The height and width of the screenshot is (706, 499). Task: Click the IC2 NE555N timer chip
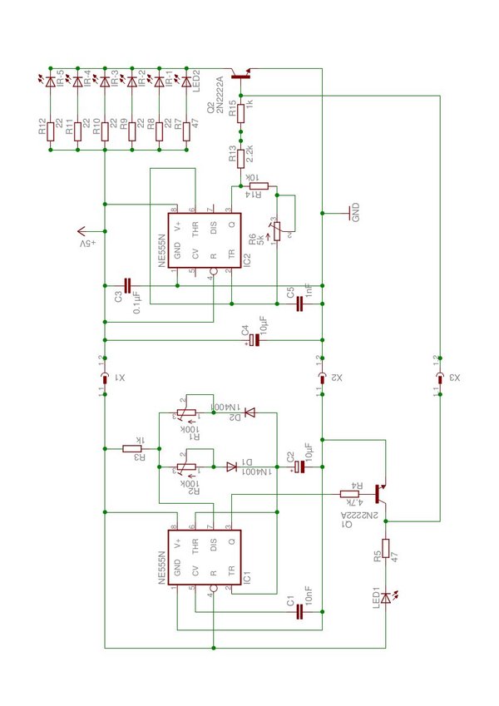pos(205,241)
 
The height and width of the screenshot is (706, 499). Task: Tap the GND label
pos(356,213)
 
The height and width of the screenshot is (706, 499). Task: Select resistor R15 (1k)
pos(241,112)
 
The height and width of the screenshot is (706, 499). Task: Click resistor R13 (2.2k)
pos(241,156)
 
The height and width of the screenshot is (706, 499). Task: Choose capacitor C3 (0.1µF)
pos(127,284)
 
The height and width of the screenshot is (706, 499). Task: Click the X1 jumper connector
pos(105,378)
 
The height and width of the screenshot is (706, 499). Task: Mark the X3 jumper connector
pos(439,378)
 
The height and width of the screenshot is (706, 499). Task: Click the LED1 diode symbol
pos(386,596)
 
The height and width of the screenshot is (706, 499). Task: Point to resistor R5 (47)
pos(386,555)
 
